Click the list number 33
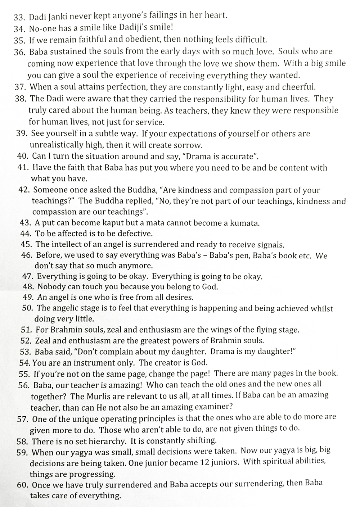pos(18,17)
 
